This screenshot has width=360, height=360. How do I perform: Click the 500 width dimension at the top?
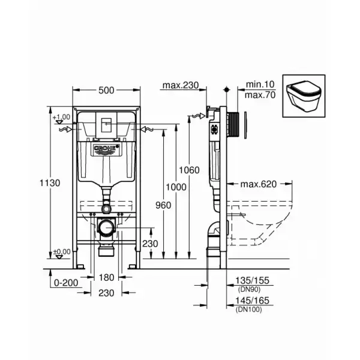(106, 91)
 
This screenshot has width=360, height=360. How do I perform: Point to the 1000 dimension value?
(176, 187)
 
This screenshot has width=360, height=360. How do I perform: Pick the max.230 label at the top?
(180, 85)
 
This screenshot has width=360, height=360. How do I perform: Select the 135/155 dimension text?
(251, 280)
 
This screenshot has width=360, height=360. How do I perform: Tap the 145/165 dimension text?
(251, 300)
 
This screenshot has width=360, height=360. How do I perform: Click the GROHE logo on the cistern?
(106, 147)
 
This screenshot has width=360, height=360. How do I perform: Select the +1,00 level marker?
(62, 117)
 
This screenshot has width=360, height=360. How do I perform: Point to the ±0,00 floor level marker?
(62, 251)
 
